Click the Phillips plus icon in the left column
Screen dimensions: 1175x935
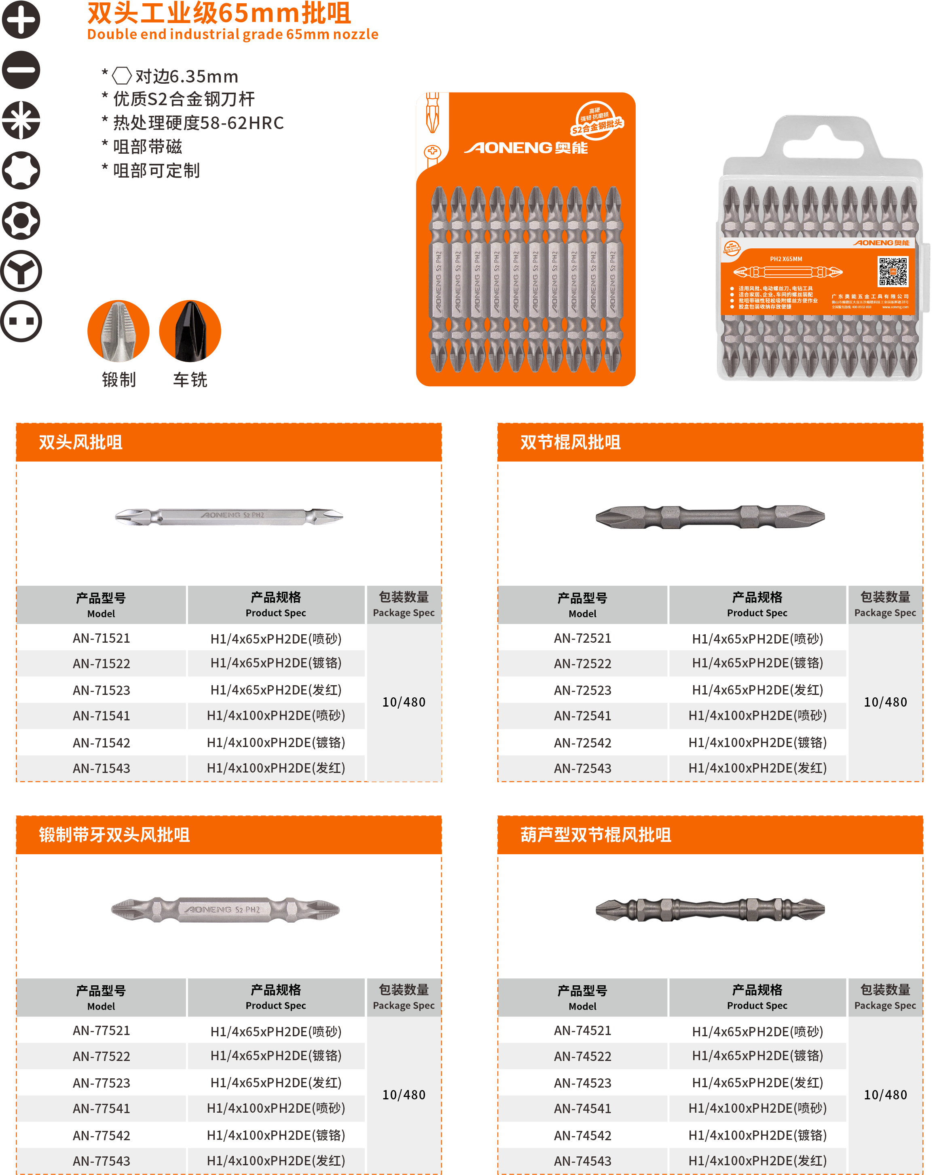click(x=21, y=20)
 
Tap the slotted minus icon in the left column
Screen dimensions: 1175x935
click(x=21, y=70)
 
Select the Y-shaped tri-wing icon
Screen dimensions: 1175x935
click(x=21, y=271)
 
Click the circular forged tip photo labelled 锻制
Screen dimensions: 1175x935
click(x=118, y=331)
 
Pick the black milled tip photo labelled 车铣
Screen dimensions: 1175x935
click(x=190, y=331)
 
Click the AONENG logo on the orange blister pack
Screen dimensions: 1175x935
click(x=525, y=148)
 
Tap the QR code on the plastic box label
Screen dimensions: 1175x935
click(x=892, y=271)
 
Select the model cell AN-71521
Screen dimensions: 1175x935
click(x=102, y=638)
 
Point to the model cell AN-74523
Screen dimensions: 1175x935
click(x=582, y=1083)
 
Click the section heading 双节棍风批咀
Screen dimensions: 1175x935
click(x=570, y=442)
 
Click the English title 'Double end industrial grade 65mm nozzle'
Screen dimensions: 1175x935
click(x=233, y=34)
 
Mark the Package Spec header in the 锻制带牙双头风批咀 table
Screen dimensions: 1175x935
click(x=403, y=997)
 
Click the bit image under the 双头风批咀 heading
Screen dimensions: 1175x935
click(x=229, y=516)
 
